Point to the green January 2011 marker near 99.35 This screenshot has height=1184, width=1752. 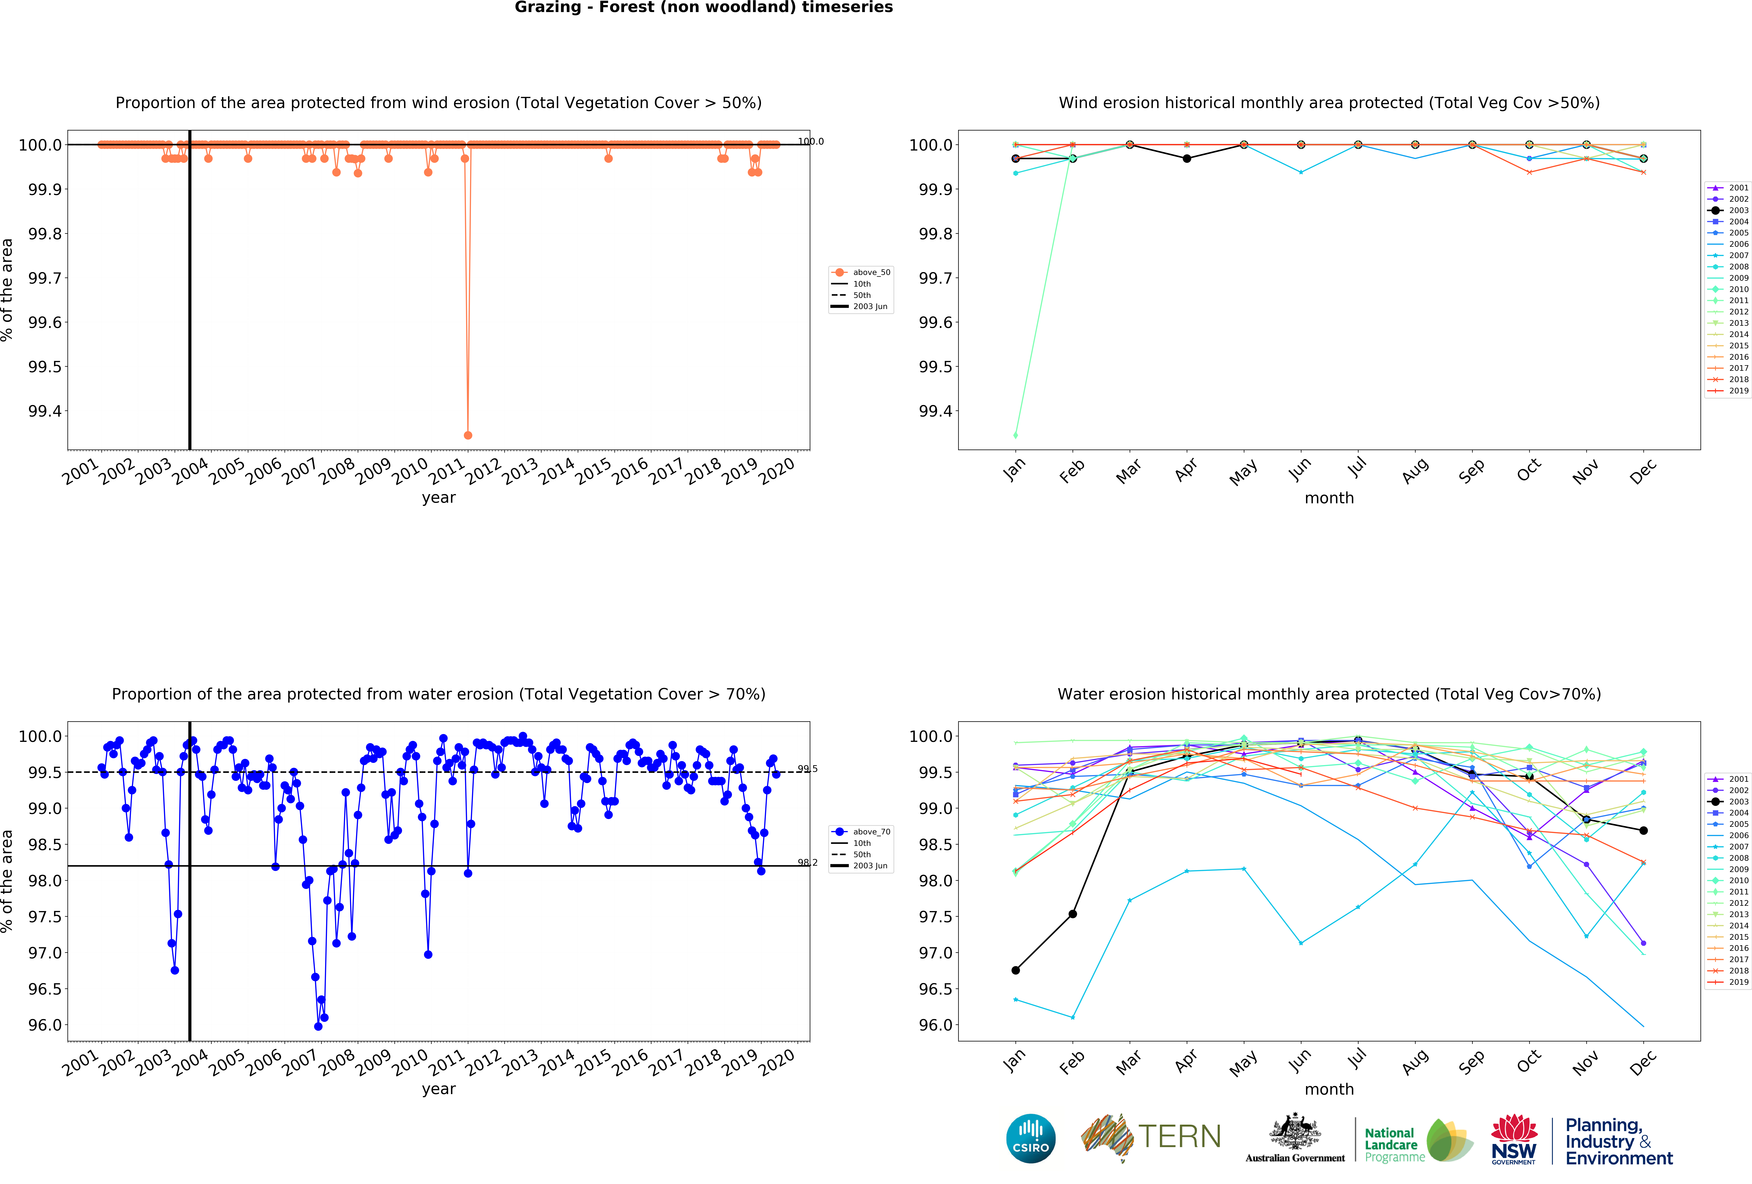[x=1015, y=435]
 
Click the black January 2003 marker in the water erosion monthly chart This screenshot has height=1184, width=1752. [x=1015, y=970]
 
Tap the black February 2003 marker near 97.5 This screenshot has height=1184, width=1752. [x=1073, y=914]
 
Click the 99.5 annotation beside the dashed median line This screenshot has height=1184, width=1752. [x=807, y=768]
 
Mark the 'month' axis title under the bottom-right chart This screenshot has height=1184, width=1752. [x=1329, y=1089]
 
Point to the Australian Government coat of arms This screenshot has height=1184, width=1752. [x=1294, y=1131]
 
